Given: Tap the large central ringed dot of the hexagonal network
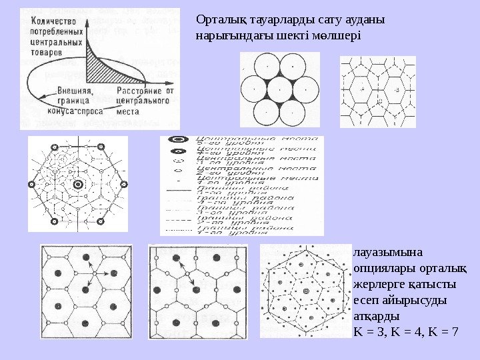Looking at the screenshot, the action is pos(77,183).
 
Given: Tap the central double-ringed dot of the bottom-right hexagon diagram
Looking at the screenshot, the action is pos(305,291).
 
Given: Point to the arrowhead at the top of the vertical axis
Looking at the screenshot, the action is pos(87,15).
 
